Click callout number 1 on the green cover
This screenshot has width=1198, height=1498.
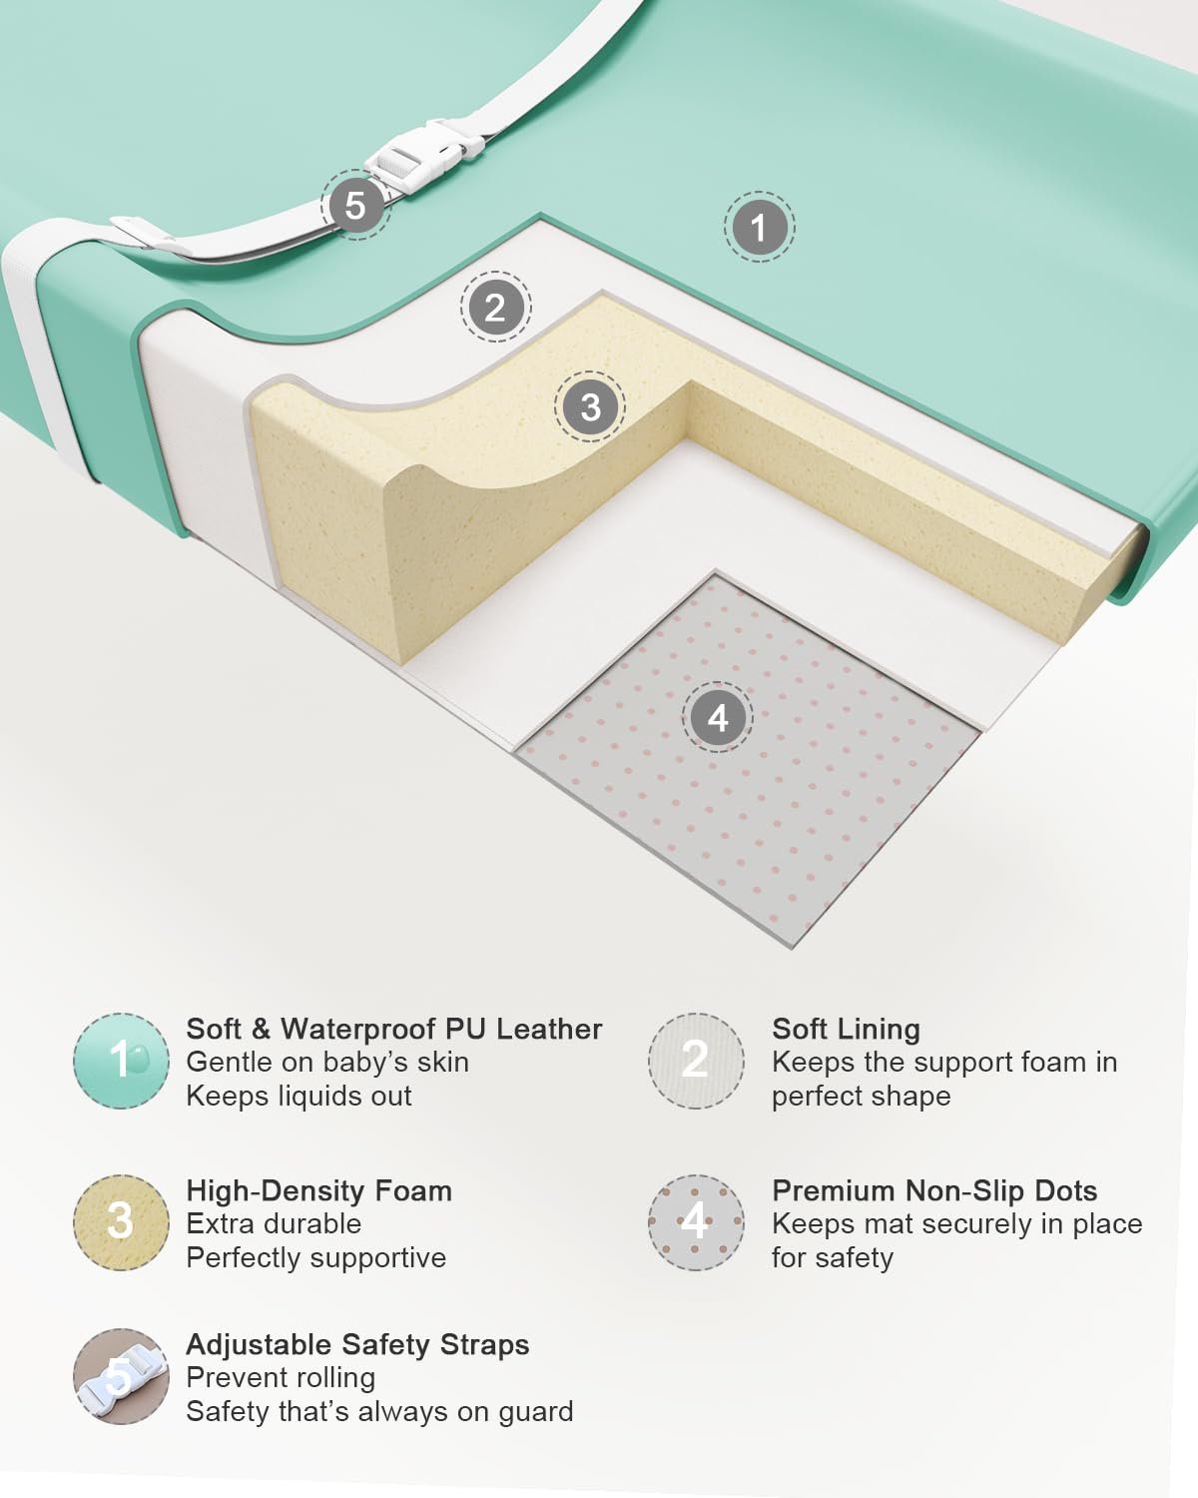759,227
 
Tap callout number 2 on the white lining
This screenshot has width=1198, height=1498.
495,307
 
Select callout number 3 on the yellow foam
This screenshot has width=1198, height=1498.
590,406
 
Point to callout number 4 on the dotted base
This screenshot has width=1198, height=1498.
717,717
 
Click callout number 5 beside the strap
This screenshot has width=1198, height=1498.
355,206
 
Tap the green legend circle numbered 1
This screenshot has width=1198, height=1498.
121,1061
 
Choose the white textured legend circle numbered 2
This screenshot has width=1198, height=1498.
696,1061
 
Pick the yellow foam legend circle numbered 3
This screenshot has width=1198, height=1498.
121,1223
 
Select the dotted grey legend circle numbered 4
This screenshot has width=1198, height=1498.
696,1223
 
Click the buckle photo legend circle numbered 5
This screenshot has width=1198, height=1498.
121,1377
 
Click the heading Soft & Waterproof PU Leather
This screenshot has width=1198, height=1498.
394,1030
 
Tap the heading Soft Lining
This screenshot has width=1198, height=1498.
846,1030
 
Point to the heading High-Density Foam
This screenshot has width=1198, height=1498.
318,1191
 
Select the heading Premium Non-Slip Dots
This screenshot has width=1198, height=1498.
934,1191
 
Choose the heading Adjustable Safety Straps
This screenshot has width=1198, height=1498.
357,1345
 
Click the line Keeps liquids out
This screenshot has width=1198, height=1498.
299,1097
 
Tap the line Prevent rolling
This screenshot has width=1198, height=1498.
281,1378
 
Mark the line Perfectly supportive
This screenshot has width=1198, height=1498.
316,1258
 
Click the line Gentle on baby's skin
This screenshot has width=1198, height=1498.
327,1063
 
